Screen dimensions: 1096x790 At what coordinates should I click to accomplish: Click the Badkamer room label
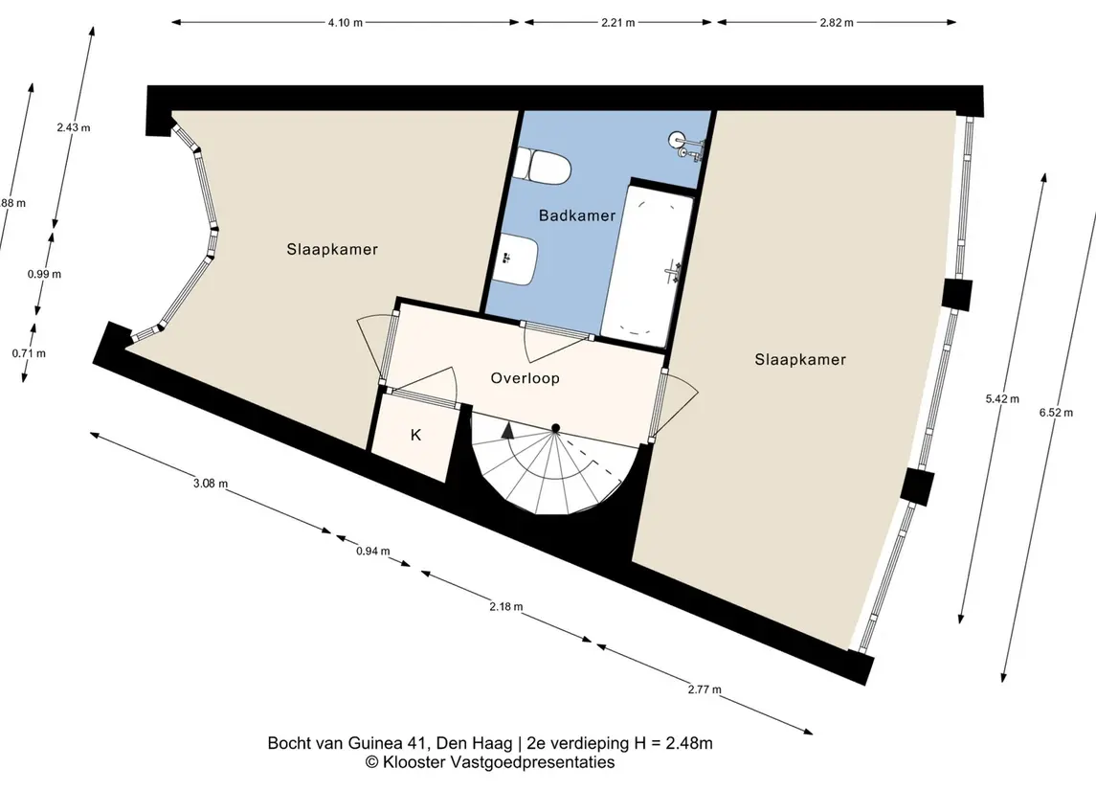(x=576, y=215)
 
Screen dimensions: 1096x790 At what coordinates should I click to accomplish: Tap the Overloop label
(x=525, y=378)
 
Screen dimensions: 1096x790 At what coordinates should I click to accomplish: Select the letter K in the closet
(x=415, y=435)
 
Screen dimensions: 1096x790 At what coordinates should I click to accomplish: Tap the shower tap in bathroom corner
(x=685, y=145)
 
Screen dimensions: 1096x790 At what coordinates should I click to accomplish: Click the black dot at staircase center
(x=556, y=428)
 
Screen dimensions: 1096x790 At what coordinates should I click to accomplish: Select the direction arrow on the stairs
(x=508, y=430)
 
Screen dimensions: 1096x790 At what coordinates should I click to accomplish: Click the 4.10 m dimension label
(x=346, y=22)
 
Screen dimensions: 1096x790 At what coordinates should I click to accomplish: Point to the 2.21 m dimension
(x=618, y=22)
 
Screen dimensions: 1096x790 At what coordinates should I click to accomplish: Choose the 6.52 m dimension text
(x=1056, y=413)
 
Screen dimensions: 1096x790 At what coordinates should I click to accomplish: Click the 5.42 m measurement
(x=1002, y=399)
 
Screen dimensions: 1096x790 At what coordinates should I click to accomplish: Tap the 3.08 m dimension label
(x=211, y=483)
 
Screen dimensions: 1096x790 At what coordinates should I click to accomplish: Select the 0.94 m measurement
(x=372, y=551)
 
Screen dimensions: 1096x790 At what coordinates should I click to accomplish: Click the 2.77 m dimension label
(x=704, y=689)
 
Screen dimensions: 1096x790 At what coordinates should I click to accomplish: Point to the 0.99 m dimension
(x=44, y=274)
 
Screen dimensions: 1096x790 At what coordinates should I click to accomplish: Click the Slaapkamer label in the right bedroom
(x=800, y=359)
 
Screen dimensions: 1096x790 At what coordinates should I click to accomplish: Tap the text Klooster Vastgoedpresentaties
(x=499, y=762)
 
